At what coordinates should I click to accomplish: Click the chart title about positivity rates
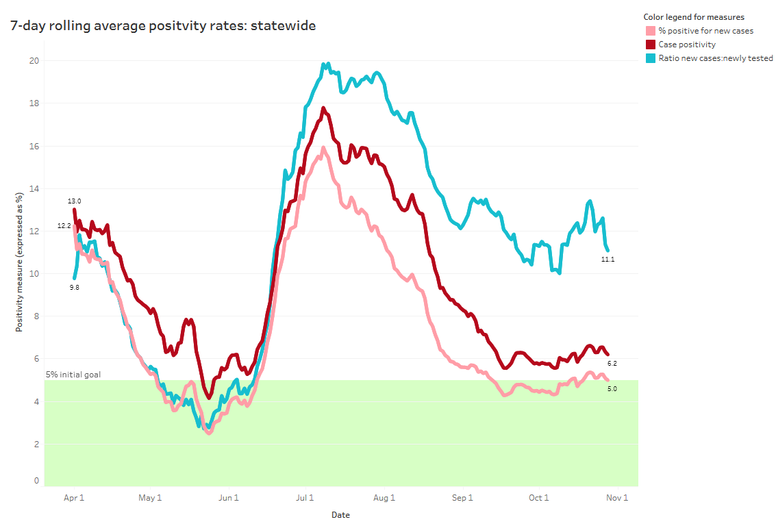click(163, 26)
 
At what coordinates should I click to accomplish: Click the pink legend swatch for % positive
click(651, 31)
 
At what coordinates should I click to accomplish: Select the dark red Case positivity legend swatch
click(651, 45)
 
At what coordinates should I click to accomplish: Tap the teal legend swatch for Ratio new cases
click(651, 58)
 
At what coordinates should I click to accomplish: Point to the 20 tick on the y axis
click(34, 61)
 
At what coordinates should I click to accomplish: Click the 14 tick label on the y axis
click(34, 188)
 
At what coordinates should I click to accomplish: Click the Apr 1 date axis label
click(74, 498)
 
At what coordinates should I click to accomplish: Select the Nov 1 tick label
click(616, 498)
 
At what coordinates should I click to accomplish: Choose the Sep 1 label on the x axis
click(462, 498)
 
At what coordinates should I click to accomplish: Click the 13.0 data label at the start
click(74, 201)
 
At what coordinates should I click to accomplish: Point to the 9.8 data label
click(74, 288)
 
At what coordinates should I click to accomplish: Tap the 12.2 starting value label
click(64, 225)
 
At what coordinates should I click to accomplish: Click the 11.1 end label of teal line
click(608, 260)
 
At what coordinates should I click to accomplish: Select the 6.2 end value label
click(612, 364)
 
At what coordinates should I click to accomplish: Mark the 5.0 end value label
click(612, 389)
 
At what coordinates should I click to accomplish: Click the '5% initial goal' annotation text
click(73, 375)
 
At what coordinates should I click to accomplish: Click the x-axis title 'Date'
click(340, 515)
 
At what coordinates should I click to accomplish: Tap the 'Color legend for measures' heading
click(694, 17)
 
